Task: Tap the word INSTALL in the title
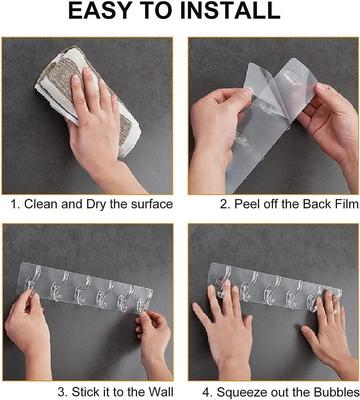pyautogui.click(x=231, y=13)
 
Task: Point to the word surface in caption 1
pyautogui.click(x=147, y=204)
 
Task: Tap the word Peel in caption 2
pyautogui.click(x=247, y=204)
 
